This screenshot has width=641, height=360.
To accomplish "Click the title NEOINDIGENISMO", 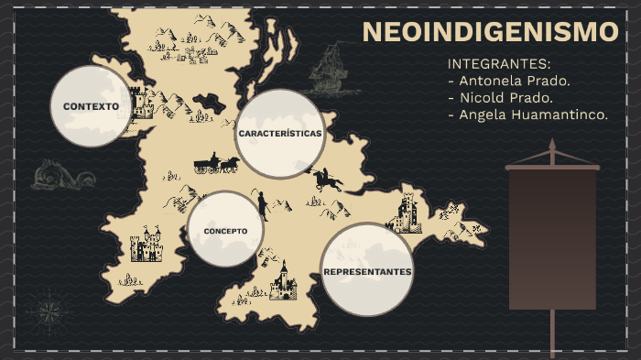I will [x=491, y=32].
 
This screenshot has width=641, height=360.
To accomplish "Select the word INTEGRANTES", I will [x=499, y=64].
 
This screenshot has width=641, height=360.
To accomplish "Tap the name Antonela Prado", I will [x=509, y=81].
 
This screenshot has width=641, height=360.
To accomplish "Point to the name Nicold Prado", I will [x=501, y=97].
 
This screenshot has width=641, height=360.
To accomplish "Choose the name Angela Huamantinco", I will [x=528, y=115].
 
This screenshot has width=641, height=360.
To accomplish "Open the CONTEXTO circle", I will [x=91, y=106].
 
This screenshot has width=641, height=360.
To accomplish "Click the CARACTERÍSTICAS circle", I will [x=280, y=134].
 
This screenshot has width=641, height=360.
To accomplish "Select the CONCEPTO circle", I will [x=225, y=230].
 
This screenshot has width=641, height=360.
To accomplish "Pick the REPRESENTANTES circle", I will [x=367, y=271].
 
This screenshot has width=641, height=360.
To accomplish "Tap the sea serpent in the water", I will [x=61, y=174].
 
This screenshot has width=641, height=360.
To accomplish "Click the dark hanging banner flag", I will [x=552, y=238].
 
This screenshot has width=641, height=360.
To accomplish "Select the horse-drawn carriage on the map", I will [x=216, y=164].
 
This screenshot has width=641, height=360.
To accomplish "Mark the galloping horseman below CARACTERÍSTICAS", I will [x=325, y=179].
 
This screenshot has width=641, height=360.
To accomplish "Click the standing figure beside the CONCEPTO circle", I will [x=263, y=205].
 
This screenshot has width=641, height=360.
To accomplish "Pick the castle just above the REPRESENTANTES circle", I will [x=405, y=213].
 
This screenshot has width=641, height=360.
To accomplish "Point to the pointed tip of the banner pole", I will [x=552, y=144].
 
